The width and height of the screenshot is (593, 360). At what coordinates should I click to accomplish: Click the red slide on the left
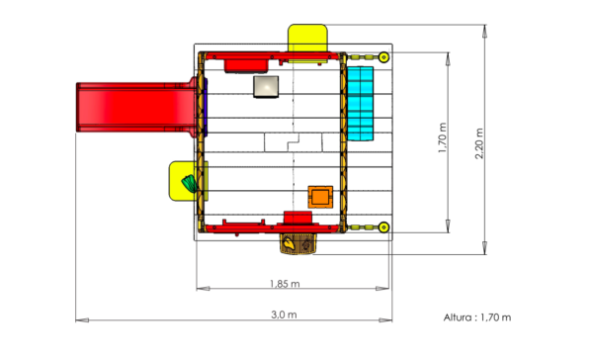pyautogui.click(x=136, y=107)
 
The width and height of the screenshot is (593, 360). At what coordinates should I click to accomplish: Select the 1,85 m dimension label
pyautogui.click(x=285, y=284)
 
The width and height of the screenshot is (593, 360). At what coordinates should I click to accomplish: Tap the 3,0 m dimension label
pyautogui.click(x=284, y=315)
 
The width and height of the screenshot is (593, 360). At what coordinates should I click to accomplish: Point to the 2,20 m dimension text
pyautogui.click(x=479, y=143)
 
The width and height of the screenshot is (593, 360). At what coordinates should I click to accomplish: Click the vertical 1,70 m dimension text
pyautogui.click(x=443, y=137)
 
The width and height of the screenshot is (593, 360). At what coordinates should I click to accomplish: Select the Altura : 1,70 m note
pyautogui.click(x=477, y=317)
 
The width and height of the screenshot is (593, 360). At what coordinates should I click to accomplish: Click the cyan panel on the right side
pyautogui.click(x=360, y=104)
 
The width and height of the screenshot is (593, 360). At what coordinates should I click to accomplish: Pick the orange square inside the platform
pyautogui.click(x=320, y=197)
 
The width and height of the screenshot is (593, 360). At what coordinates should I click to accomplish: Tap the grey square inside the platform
pyautogui.click(x=266, y=87)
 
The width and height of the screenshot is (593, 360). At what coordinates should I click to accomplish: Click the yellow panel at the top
pyautogui.click(x=307, y=39)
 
